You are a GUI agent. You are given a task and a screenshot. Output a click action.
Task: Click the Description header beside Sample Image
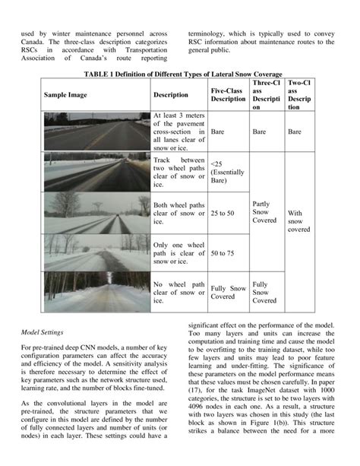(171, 95)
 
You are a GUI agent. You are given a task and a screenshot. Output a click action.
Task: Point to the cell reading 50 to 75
(223, 252)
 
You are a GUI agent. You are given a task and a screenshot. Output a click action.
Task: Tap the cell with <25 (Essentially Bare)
(227, 173)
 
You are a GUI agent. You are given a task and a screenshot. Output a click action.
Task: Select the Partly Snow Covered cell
(264, 211)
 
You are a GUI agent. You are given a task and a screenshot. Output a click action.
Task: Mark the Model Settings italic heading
(42, 332)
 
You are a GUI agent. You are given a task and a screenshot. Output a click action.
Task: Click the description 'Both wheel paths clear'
(178, 214)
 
